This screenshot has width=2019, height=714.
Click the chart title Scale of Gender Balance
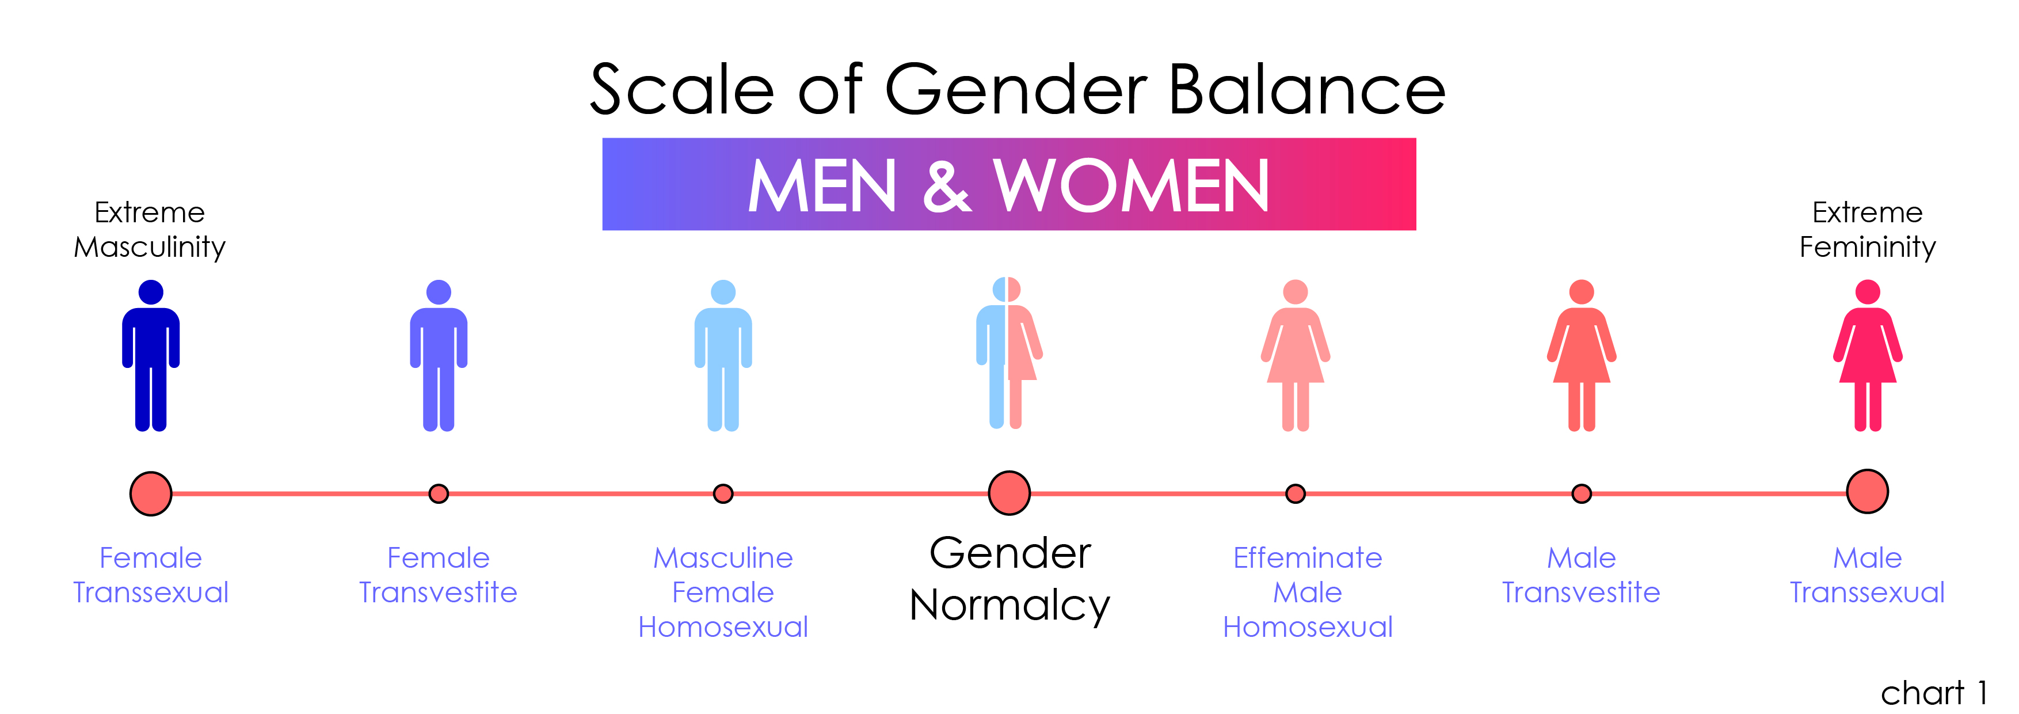[1018, 89]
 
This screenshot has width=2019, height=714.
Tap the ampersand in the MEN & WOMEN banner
[947, 187]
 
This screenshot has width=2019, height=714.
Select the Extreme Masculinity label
[150, 230]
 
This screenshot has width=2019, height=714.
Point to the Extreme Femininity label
[1868, 230]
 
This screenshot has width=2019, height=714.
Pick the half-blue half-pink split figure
[1009, 353]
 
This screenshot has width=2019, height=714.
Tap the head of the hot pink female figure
[1868, 291]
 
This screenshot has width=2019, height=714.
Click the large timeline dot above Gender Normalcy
[1009, 493]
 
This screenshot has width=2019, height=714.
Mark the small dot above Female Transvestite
[439, 494]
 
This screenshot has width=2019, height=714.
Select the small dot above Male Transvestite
[1582, 494]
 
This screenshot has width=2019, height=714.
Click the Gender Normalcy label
[1009, 580]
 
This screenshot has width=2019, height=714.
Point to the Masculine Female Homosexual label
[723, 593]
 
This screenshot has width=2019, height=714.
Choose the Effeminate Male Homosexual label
[1307, 593]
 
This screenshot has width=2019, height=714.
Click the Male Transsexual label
[1868, 575]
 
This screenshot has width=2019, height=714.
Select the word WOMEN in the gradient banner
[1131, 187]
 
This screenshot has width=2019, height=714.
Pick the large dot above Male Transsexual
[1868, 491]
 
